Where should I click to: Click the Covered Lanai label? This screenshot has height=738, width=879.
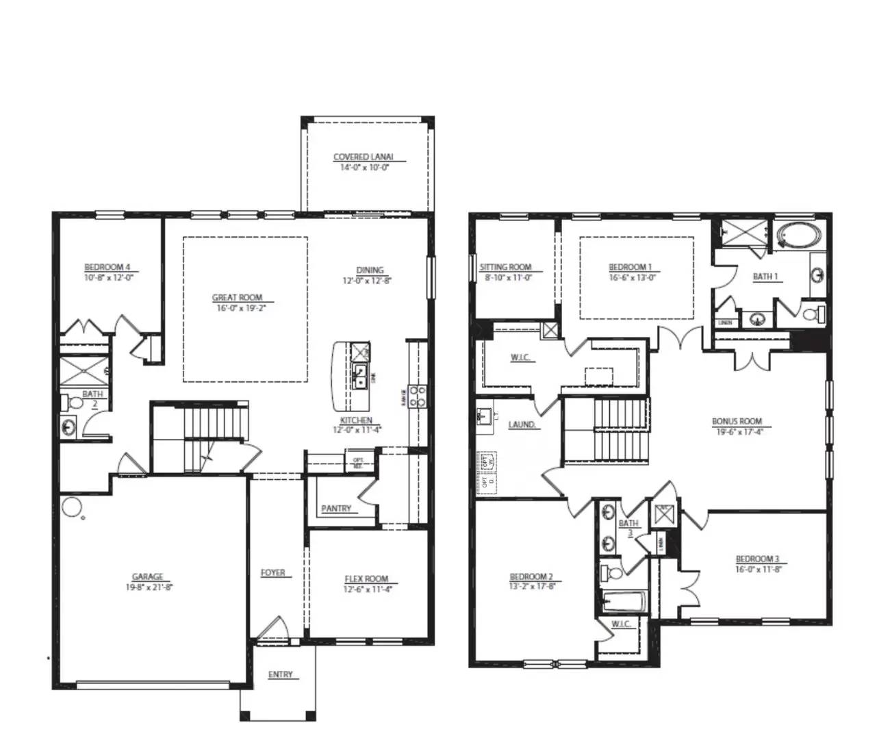364,157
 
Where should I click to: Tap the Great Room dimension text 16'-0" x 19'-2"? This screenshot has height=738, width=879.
237,308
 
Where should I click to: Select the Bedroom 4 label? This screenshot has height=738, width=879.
107,267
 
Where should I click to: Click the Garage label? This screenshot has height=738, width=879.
147,577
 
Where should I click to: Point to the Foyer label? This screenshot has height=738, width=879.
272,572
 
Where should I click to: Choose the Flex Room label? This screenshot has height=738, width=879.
366,578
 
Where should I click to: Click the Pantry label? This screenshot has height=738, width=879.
336,509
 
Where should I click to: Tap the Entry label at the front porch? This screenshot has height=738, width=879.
280,674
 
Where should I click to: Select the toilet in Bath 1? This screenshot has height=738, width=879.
813,315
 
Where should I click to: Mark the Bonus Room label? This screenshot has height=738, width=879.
737,422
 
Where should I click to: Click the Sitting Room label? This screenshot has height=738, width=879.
505,267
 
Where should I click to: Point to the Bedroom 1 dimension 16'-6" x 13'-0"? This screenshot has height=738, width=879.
630,277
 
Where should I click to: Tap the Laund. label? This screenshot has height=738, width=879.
522,424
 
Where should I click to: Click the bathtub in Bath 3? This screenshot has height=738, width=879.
624,602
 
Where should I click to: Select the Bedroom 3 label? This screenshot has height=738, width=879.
757,559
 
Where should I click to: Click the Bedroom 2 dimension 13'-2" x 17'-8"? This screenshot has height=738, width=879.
531,586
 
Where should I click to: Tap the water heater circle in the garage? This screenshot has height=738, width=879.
71,507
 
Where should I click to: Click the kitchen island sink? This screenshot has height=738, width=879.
359,375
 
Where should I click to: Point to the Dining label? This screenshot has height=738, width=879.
370,270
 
